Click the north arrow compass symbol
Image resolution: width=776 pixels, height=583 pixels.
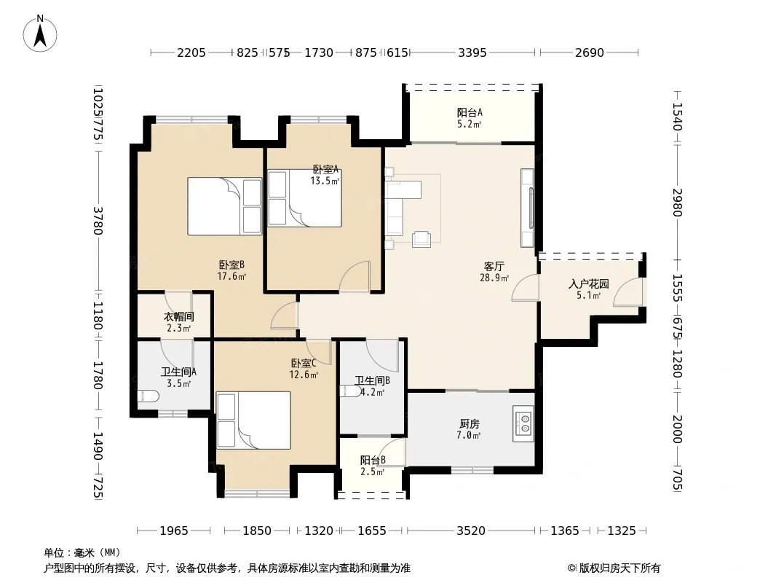pos(40,34)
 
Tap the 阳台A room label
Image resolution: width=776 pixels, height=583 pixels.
pos(469,112)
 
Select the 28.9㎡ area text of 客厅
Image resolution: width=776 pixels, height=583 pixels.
pos(494,278)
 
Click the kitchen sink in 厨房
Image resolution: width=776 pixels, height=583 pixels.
pos(523,423)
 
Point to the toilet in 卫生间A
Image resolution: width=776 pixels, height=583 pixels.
pos(148,396)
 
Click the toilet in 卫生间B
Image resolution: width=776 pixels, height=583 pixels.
pos(351,391)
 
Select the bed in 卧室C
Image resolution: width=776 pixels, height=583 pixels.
pos(253,420)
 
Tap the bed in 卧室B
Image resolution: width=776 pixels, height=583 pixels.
pos(225,206)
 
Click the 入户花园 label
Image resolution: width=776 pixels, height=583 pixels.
pos(588,283)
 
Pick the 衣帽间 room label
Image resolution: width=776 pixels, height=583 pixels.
pos(178,316)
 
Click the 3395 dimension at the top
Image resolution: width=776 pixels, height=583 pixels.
pos(472,52)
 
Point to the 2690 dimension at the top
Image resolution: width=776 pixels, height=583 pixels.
pos(590,52)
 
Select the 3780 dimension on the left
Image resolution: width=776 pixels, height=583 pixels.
pos(98,221)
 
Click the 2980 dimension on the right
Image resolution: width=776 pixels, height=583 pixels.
pos(678,203)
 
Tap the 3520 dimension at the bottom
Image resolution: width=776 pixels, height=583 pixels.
pos(471,531)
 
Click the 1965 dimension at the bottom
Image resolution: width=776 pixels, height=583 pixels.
pos(174,531)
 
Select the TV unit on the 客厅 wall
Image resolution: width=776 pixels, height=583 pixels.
pos(528,208)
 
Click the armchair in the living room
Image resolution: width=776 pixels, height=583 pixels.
pos(421,239)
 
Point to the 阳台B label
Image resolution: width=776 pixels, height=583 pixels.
pos(373,460)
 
